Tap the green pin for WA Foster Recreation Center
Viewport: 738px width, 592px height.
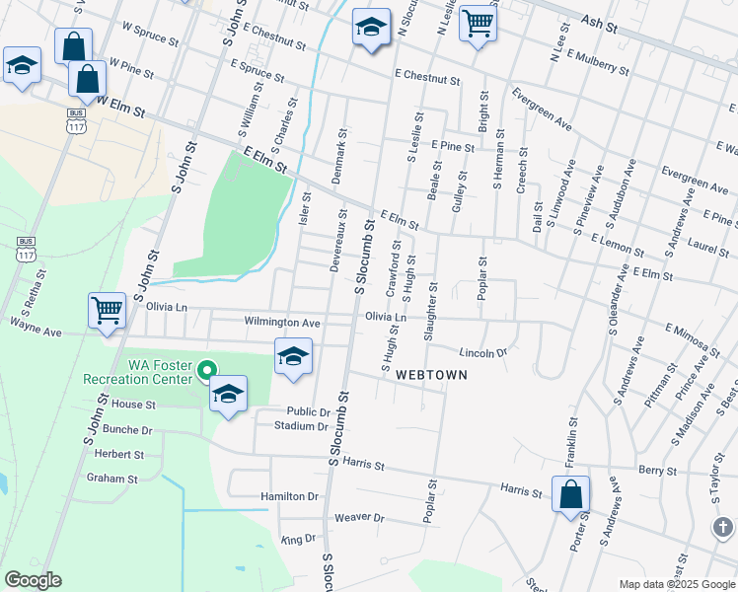coord(206,372)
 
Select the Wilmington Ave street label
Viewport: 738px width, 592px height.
coord(282,323)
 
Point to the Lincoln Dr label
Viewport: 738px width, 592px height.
coord(482,352)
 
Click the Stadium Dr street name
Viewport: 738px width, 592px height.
coord(301,426)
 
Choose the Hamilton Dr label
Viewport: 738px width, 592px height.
coord(290,497)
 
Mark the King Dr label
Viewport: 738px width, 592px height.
coord(298,540)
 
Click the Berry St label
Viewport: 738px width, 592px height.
coord(658,472)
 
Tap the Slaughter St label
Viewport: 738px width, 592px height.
coord(431,312)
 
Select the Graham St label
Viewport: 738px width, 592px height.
coord(111,479)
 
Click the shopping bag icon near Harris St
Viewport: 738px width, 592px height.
coord(571,494)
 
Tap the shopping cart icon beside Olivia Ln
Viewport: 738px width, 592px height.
coord(107,310)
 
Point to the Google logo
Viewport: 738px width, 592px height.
coord(33,580)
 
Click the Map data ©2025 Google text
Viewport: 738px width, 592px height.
coord(676,584)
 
